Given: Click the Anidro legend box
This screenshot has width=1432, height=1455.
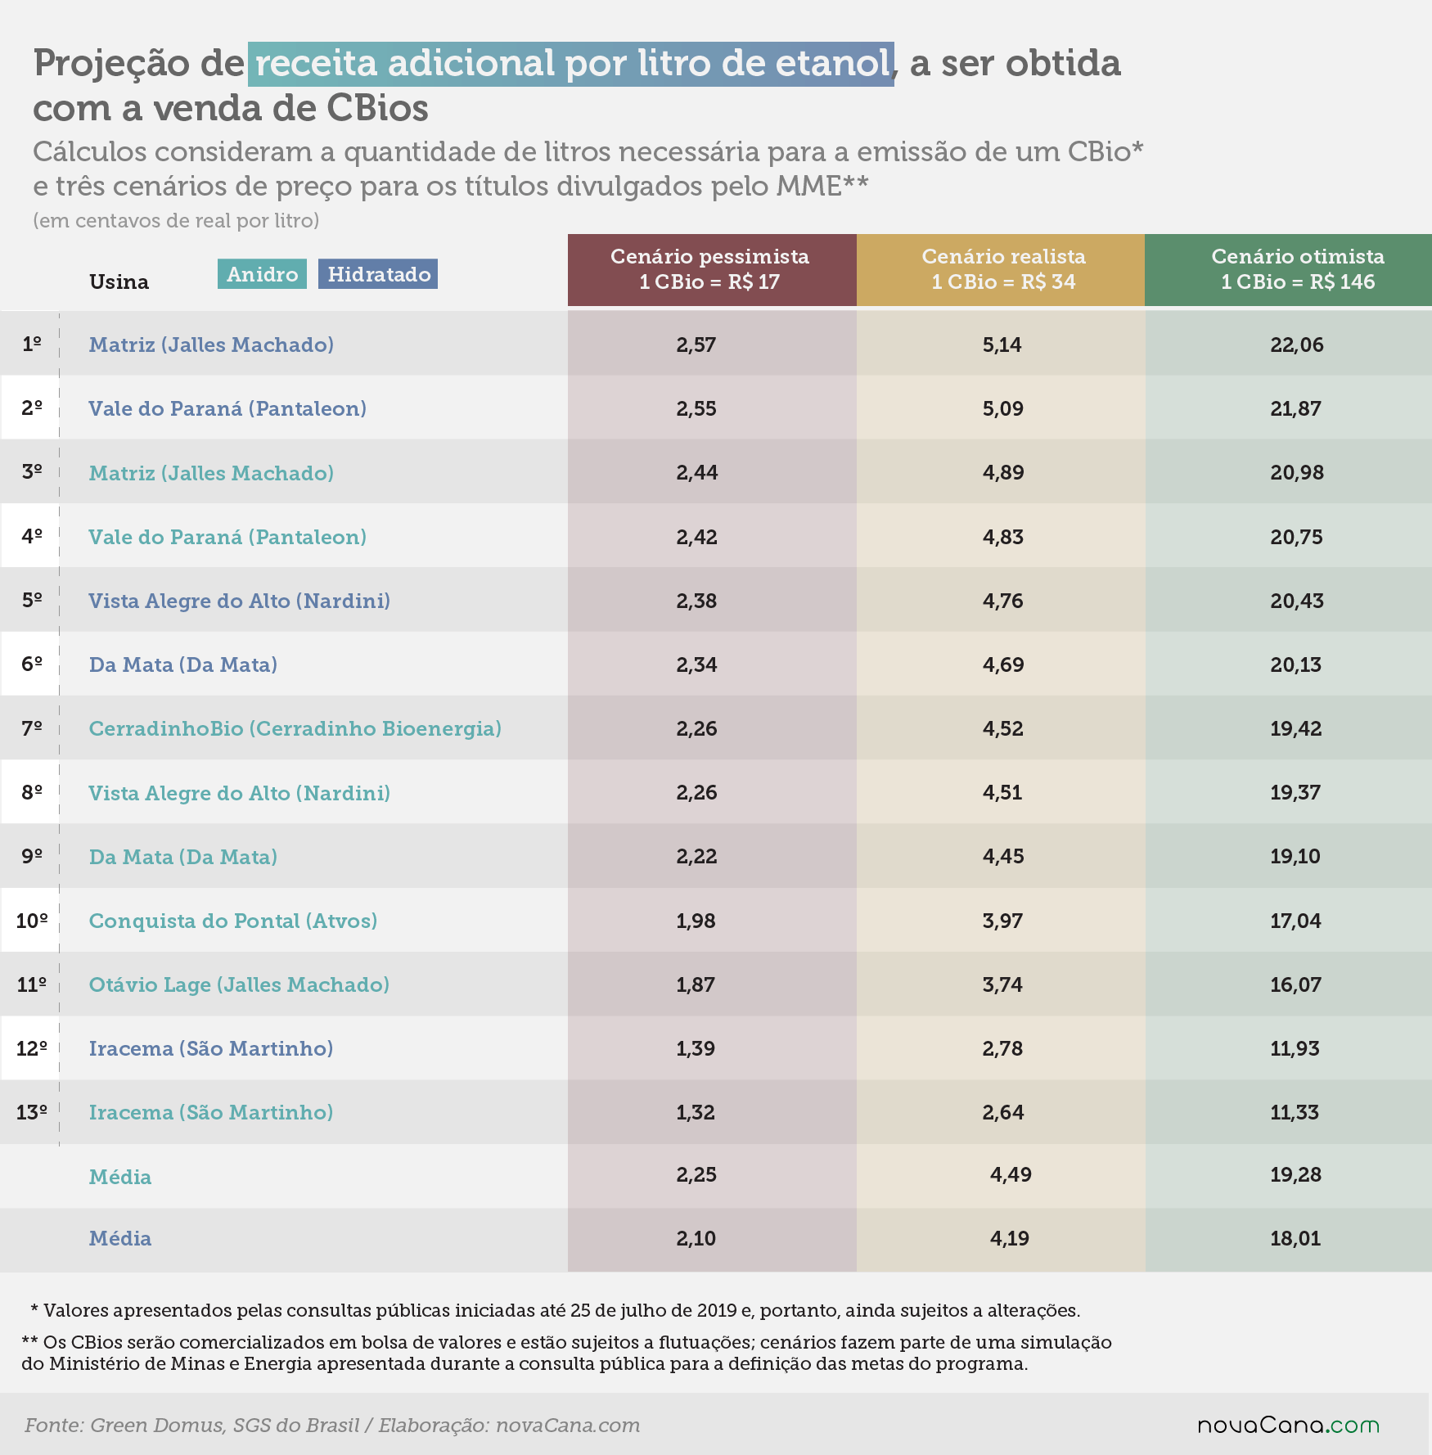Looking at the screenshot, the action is (x=262, y=274).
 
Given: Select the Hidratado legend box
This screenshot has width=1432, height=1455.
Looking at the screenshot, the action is (x=378, y=274).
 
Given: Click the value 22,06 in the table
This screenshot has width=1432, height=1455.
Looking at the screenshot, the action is (x=1297, y=345).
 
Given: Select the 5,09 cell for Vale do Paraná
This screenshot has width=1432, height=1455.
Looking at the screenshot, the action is (x=1003, y=408).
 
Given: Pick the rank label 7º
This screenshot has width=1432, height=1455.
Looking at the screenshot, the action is (x=32, y=727).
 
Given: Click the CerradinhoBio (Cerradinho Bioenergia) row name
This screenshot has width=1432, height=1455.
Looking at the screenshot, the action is (x=295, y=729).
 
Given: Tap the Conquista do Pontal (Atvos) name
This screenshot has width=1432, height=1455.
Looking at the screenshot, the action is (x=233, y=921).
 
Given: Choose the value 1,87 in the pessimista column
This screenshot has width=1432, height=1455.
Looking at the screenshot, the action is (x=696, y=984).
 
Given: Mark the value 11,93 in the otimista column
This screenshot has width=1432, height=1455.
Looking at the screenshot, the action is (x=1295, y=1048).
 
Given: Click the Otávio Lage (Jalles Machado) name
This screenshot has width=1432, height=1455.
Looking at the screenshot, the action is (x=239, y=984).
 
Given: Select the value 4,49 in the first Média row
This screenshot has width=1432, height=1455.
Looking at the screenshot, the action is (x=1011, y=1174).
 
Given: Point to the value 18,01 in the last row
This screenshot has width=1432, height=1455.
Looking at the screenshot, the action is (x=1295, y=1238).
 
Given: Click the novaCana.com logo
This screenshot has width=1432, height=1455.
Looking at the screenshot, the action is (x=1289, y=1425).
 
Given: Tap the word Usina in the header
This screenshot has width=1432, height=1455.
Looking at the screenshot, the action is (x=119, y=282).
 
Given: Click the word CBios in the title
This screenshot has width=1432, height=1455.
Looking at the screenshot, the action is (x=377, y=108).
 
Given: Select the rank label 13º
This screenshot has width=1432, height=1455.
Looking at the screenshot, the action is (x=32, y=1112).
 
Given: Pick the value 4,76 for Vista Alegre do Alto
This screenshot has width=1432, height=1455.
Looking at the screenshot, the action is (x=1003, y=601).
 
